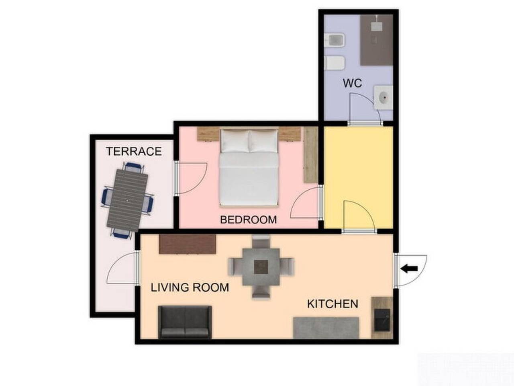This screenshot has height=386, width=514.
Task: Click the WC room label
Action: [352, 83]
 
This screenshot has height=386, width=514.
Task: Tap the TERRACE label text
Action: [134, 151]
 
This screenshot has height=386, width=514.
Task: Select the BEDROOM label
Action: [249, 220]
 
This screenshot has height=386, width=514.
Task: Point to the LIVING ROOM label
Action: [190, 287]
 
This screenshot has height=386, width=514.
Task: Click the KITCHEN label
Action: [332, 304]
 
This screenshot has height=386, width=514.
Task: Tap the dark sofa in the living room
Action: [185, 322]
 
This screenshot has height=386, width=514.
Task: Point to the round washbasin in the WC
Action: [384, 97]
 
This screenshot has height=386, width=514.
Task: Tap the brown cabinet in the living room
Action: [188, 244]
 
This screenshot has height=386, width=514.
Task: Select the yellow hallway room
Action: [358, 173]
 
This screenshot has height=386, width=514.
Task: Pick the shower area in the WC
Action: [376, 40]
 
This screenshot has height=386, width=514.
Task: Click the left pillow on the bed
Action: [235, 141]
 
